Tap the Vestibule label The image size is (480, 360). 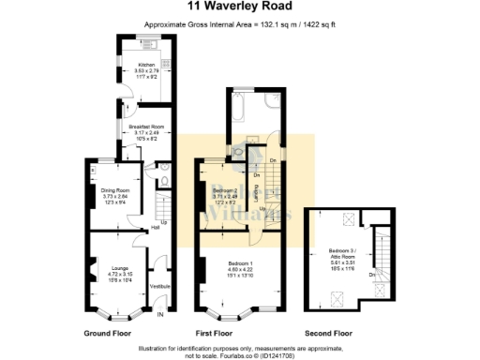pos(159,286)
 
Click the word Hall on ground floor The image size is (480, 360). pos(155,228)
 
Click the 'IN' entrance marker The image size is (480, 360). pos(159,315)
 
